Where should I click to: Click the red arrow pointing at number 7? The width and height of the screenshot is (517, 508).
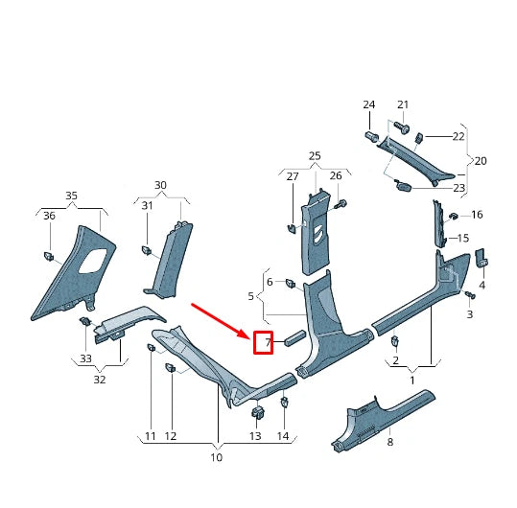pyautogui.click(x=220, y=319)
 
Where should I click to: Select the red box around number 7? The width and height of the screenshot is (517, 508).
pyautogui.click(x=263, y=342)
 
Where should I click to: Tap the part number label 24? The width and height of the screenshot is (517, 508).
pyautogui.click(x=368, y=104)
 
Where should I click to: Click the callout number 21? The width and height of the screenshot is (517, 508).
pyautogui.click(x=403, y=104)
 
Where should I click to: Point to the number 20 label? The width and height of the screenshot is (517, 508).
pyautogui.click(x=481, y=161)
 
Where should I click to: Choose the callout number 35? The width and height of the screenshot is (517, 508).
pyautogui.click(x=71, y=196)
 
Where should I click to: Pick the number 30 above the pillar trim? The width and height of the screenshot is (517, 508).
pyautogui.click(x=160, y=185)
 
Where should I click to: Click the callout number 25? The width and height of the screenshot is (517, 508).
pyautogui.click(x=315, y=155)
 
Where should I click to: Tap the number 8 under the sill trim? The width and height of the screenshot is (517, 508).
pyautogui.click(x=389, y=442)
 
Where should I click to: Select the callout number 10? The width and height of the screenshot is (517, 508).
pyautogui.click(x=216, y=457)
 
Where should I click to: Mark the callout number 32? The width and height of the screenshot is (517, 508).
pyautogui.click(x=100, y=380)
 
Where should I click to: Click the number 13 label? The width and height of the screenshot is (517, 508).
pyautogui.click(x=255, y=436)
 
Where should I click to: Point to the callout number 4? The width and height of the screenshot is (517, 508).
pyautogui.click(x=482, y=285)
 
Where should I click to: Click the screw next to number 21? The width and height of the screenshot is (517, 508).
pyautogui.click(x=402, y=127)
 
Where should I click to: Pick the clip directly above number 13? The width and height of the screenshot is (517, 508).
pyautogui.click(x=257, y=413)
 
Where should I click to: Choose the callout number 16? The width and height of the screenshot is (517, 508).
pyautogui.click(x=477, y=215)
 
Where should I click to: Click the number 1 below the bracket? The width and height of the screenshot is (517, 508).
pyautogui.click(x=412, y=381)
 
